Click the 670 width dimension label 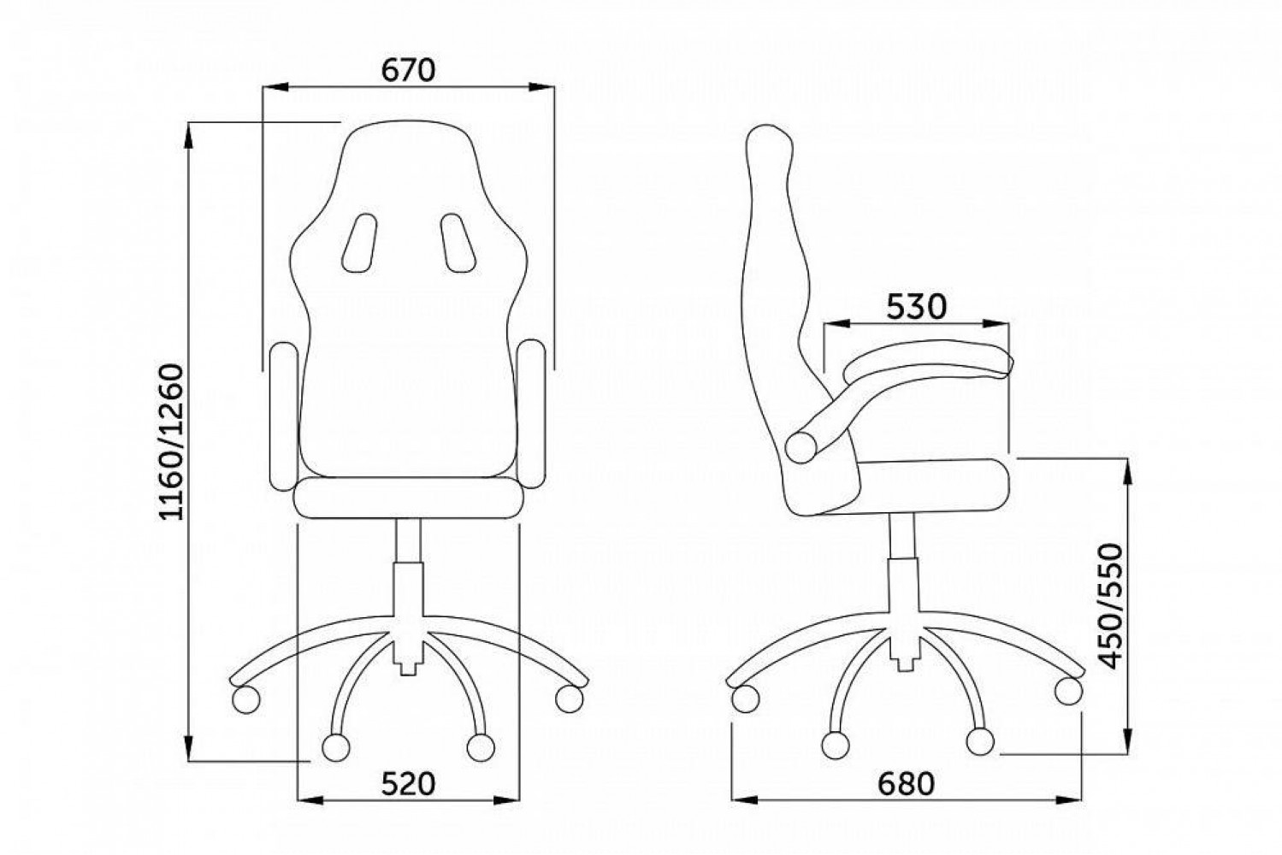(x=408, y=70)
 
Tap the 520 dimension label (x=409, y=783)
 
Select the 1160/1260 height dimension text (x=172, y=442)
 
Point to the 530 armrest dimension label (x=916, y=307)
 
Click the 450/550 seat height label (x=1112, y=606)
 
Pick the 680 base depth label (x=907, y=783)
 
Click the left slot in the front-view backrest (x=359, y=243)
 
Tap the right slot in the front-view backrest (x=458, y=243)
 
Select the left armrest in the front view (x=283, y=416)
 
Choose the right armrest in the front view (x=531, y=413)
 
